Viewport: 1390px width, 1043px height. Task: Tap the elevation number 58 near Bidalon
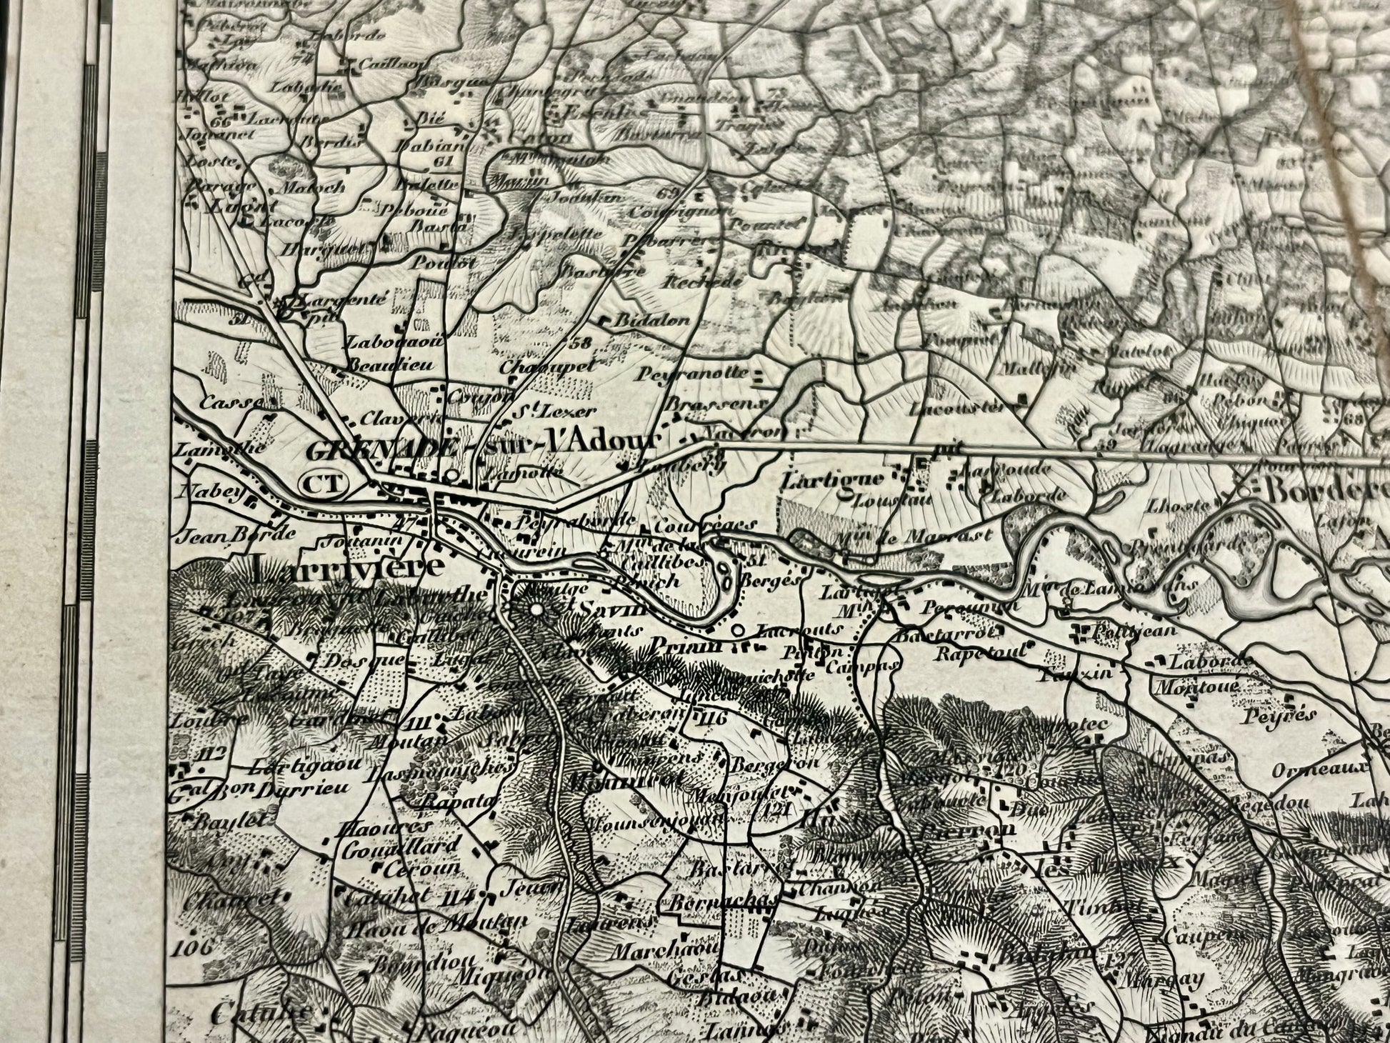click(582, 342)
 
